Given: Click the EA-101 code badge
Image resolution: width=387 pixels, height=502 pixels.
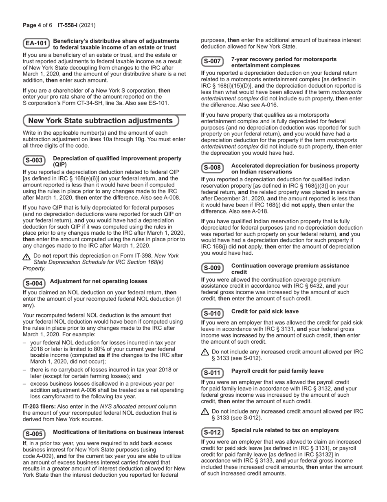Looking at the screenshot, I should click(x=36, y=44).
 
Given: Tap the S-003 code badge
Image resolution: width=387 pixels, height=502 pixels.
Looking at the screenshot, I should click(x=34, y=160).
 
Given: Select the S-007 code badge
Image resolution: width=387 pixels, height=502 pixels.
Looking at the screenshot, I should click(x=212, y=62).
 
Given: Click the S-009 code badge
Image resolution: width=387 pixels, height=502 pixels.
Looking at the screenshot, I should click(x=212, y=268).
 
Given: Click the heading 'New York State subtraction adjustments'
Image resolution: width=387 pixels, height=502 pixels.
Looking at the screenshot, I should click(x=100, y=121).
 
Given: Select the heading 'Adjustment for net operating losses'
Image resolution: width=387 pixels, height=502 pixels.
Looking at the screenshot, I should click(x=98, y=281).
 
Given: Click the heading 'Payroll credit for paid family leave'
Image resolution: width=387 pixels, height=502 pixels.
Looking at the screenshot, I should click(x=277, y=371).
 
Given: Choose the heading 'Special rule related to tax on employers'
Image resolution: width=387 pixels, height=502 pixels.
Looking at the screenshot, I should click(x=285, y=430).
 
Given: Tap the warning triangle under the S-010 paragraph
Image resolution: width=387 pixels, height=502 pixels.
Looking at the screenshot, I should click(x=205, y=352).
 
